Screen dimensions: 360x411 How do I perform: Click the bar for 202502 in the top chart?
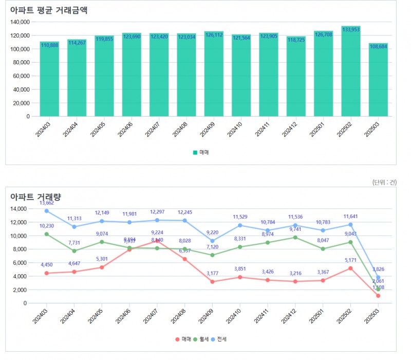[x=351, y=72]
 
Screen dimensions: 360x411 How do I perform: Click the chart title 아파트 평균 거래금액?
[x=49, y=11]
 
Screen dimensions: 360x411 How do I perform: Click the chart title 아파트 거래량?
[x=36, y=197]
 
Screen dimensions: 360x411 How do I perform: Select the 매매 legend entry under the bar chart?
[x=201, y=152]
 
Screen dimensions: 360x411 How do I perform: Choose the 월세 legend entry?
[x=200, y=339]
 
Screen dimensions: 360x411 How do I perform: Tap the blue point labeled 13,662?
[x=47, y=211]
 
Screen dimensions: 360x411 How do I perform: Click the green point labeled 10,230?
[x=47, y=234]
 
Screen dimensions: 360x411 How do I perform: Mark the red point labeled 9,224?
[x=157, y=241]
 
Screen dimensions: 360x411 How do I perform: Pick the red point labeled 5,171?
[x=351, y=268]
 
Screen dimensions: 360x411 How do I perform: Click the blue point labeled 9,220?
[x=212, y=241]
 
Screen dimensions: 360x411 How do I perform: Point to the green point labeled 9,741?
[x=295, y=237]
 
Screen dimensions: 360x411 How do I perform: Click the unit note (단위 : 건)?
[x=384, y=182]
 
